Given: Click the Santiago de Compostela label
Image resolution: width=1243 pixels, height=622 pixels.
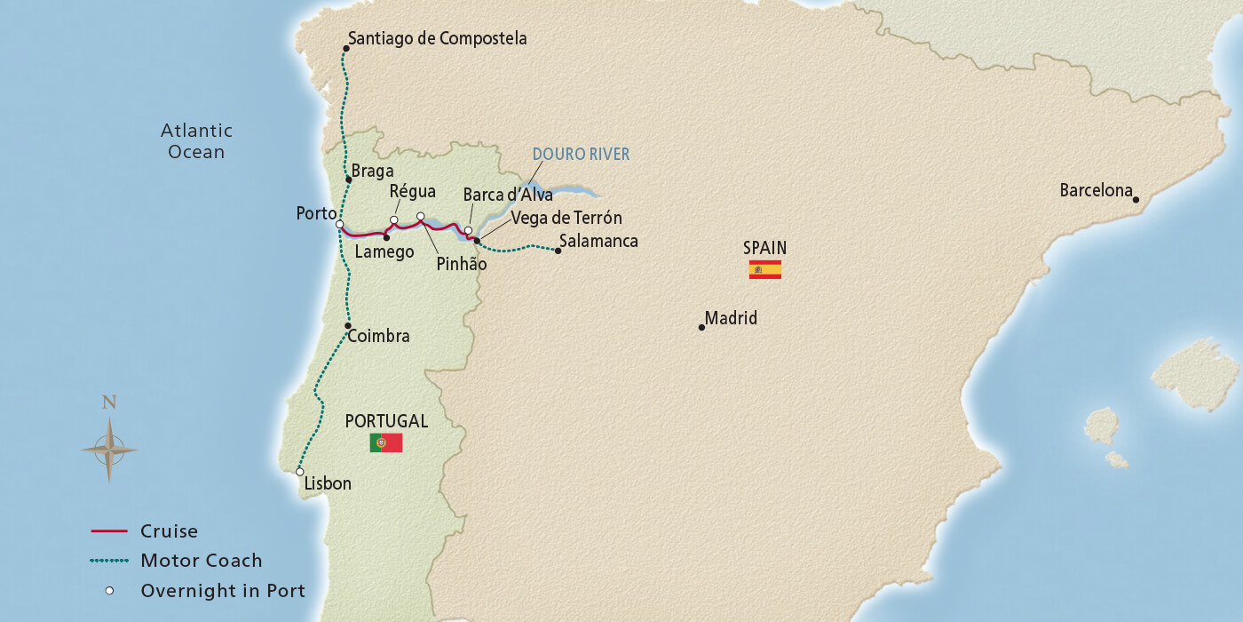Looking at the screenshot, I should (437, 38).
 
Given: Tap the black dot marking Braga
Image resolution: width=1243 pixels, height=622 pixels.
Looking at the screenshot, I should (349, 179).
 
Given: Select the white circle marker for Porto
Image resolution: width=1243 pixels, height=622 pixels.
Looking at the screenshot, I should (340, 224).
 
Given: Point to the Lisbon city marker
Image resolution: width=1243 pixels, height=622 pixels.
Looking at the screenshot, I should (300, 472).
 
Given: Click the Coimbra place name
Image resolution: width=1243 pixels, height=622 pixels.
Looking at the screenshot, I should (379, 337).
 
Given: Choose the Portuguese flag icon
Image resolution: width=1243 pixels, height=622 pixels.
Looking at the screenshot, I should (386, 443).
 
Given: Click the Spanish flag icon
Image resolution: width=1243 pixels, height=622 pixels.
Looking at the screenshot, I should (764, 270).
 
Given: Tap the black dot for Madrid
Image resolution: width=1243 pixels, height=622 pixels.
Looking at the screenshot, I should (701, 328).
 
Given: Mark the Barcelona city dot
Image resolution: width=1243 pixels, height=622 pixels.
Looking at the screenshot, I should (1136, 200).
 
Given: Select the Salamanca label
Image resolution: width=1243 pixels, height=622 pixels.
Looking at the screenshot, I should (598, 241).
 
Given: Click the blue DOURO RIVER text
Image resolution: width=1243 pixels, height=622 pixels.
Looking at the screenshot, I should (581, 155).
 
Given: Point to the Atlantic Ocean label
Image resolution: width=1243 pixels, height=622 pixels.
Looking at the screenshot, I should (196, 141).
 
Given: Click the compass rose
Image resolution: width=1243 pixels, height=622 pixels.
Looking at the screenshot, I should (109, 450).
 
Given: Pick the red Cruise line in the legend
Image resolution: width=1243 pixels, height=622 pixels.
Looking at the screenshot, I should (111, 531).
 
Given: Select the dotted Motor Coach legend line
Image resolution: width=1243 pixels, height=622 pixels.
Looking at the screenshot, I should (111, 561).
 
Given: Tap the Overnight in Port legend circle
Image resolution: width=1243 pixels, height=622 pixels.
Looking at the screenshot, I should (110, 591).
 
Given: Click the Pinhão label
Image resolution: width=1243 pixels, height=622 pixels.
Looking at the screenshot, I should (462, 264).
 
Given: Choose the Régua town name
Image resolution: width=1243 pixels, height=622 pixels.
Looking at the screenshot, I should (413, 192).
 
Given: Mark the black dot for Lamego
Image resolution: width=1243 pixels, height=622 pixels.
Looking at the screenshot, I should (386, 237).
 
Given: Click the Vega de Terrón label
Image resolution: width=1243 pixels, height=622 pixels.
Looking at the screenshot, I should (566, 218).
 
